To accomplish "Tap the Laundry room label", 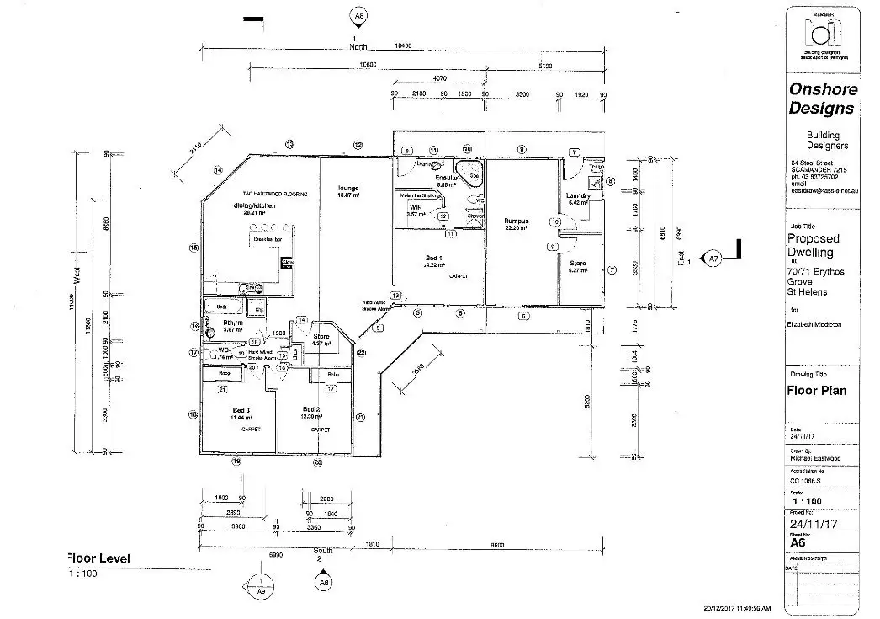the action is (x=579, y=195).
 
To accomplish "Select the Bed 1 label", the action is (x=433, y=256).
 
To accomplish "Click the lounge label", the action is (x=348, y=188).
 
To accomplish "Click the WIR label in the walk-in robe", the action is (x=415, y=206).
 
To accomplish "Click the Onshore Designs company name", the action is (x=823, y=99).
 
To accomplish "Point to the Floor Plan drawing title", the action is (x=817, y=391).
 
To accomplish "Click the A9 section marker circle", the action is (x=260, y=586).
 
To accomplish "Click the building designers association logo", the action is (x=822, y=34).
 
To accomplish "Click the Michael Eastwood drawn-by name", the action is (x=814, y=459).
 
